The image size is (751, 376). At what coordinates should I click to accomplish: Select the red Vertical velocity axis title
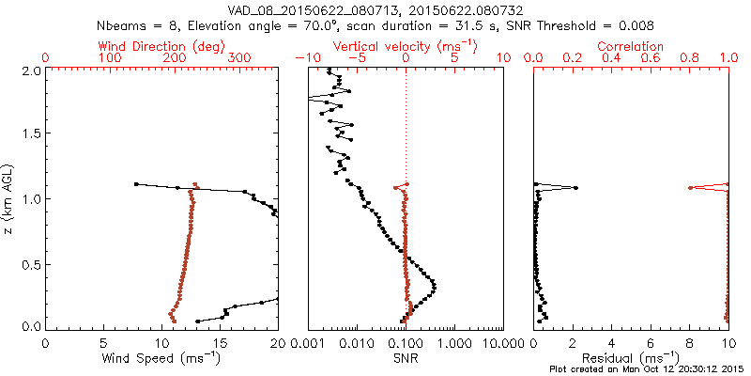click(x=405, y=46)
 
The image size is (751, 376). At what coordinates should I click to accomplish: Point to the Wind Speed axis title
click(x=161, y=358)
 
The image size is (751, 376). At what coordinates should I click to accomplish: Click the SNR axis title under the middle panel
click(x=405, y=358)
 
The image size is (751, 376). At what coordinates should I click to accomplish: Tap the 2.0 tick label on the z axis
click(x=29, y=70)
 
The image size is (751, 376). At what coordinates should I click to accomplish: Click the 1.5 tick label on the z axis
click(x=29, y=134)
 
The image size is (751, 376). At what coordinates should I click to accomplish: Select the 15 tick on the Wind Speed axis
click(x=220, y=343)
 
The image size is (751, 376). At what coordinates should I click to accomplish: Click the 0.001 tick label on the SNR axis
click(x=308, y=343)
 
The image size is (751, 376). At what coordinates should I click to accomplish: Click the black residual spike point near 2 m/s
click(x=575, y=188)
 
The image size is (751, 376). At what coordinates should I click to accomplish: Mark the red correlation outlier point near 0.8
click(x=690, y=188)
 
